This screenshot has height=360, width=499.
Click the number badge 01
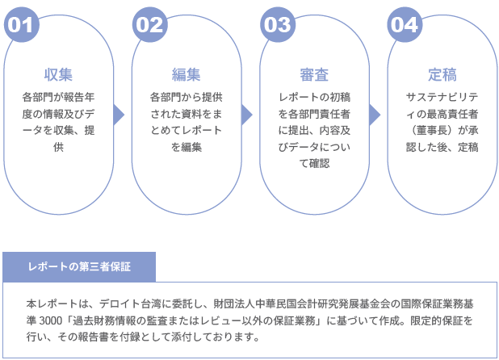click(x=22, y=24)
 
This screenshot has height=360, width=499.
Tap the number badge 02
click(x=150, y=24)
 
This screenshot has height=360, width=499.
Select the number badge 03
click(x=278, y=24)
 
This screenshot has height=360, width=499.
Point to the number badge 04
click(x=405, y=24)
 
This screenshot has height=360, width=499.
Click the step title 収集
click(x=58, y=75)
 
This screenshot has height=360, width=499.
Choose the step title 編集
click(x=187, y=75)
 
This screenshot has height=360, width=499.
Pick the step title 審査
click(x=314, y=75)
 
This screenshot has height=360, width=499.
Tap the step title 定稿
click(x=442, y=75)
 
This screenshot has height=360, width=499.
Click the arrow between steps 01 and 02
click(x=119, y=115)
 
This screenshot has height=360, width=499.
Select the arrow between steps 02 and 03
click(x=247, y=115)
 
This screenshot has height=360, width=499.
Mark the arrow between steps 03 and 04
click(x=375, y=115)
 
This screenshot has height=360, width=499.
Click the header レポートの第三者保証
click(x=79, y=266)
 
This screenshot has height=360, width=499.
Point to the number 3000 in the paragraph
click(x=51, y=320)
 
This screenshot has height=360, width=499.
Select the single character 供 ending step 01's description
click(x=59, y=147)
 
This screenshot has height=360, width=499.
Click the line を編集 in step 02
click(x=187, y=147)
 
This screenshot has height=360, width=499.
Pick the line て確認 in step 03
click(x=314, y=164)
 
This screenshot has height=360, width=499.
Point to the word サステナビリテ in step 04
click(x=442, y=98)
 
